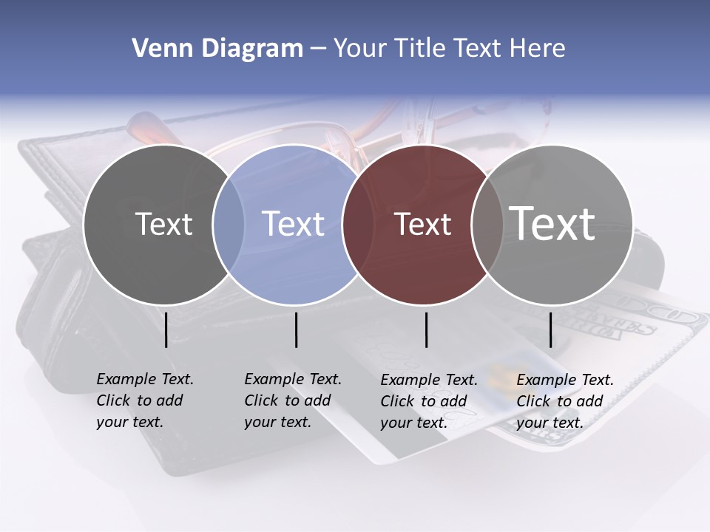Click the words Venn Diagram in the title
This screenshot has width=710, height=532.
click(x=217, y=49)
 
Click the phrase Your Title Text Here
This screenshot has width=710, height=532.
click(x=449, y=49)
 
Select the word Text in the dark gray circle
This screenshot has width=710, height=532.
click(x=163, y=224)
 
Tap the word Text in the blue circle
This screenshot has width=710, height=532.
click(x=294, y=224)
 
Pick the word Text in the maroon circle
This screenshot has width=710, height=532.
click(x=423, y=225)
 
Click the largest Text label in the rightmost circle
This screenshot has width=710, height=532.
click(x=552, y=223)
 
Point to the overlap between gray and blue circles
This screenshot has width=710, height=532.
click(x=229, y=225)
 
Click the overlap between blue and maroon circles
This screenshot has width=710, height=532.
click(x=358, y=225)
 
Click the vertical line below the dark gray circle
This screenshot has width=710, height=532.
click(x=166, y=330)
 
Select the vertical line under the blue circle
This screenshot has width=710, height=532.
click(x=296, y=330)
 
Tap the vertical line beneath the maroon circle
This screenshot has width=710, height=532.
click(x=426, y=330)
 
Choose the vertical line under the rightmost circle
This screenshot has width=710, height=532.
click(x=550, y=330)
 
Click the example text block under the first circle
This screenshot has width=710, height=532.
click(x=145, y=400)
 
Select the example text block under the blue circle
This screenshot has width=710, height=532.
click(x=293, y=400)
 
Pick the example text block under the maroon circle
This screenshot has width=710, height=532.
click(x=429, y=401)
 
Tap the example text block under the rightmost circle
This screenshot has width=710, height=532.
click(x=565, y=401)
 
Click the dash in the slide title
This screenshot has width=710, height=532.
click(x=318, y=50)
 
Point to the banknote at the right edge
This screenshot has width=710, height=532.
click(x=666, y=332)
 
